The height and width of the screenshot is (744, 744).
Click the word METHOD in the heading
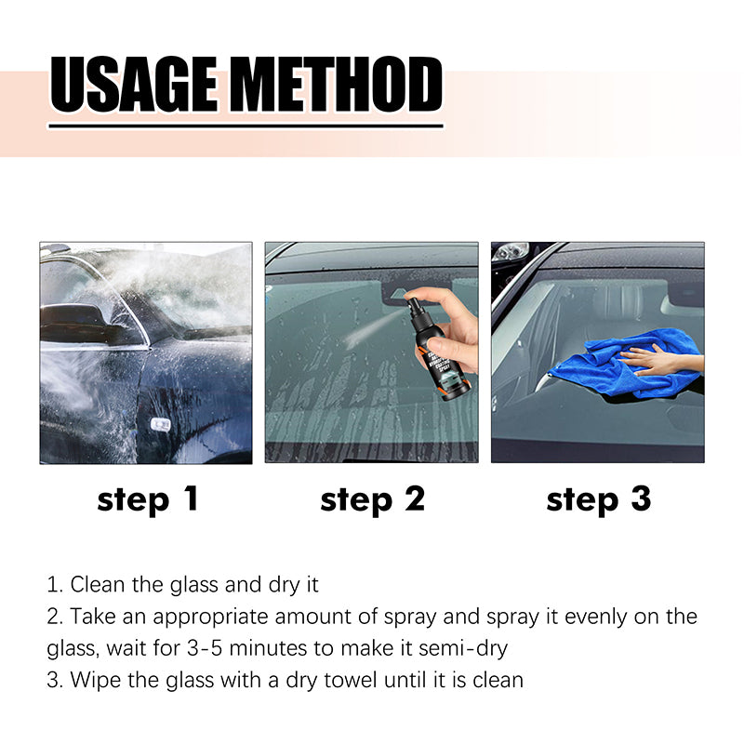click(x=339, y=85)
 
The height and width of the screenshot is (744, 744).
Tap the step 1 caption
click(x=148, y=499)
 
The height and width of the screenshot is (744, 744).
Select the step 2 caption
click(x=372, y=499)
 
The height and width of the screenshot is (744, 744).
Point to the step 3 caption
click(x=598, y=499)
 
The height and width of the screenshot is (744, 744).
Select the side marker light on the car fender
click(x=160, y=424)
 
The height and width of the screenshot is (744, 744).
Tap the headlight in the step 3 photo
click(x=511, y=252)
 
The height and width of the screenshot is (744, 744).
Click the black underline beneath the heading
click(x=246, y=125)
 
